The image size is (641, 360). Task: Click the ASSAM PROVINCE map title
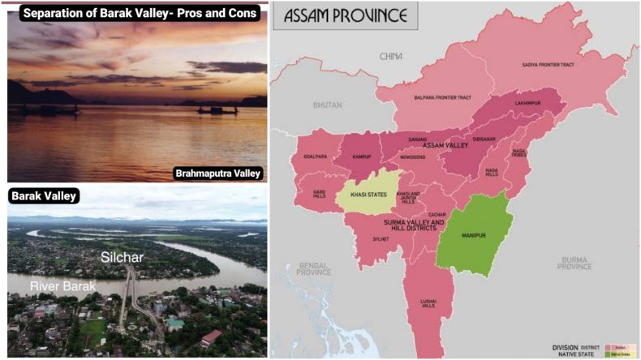coord(344,15)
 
